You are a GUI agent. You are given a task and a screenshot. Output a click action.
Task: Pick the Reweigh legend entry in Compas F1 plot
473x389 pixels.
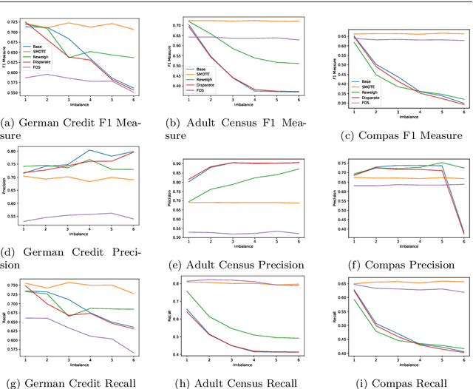click(374, 91)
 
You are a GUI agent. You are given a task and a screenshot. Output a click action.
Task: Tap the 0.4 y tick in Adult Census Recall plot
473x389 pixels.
click(177, 355)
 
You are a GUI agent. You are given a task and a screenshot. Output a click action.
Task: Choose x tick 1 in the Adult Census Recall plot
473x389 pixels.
click(187, 364)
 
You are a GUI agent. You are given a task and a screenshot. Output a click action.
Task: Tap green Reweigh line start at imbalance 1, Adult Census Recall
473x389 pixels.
click(187, 291)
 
